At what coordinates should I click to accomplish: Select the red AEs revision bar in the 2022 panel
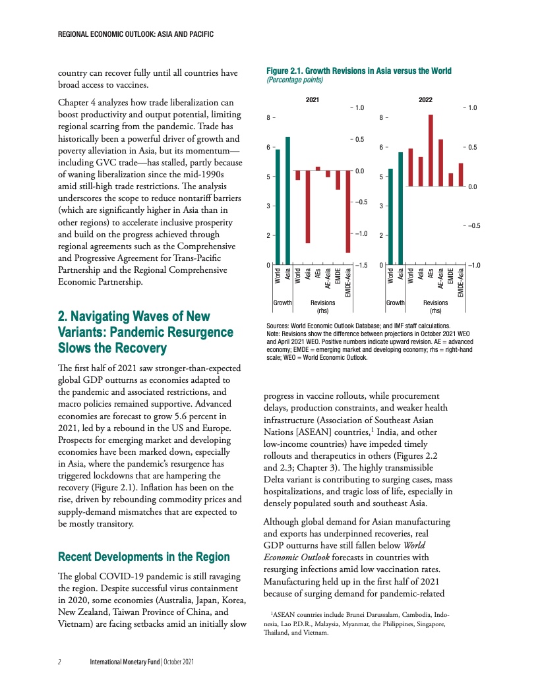(x=431, y=150)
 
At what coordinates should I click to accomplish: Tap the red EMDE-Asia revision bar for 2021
(x=347, y=211)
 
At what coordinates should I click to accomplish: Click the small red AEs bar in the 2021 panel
(x=318, y=168)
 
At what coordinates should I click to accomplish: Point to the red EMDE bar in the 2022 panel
(x=451, y=179)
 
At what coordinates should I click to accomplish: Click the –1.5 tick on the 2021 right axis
(x=361, y=265)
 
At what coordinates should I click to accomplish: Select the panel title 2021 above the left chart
(x=313, y=100)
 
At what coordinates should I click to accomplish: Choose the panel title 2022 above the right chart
(x=426, y=100)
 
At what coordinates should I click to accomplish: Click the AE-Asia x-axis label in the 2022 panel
(x=440, y=279)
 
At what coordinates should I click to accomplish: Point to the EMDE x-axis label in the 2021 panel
(x=338, y=276)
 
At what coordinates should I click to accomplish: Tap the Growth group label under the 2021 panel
(x=283, y=303)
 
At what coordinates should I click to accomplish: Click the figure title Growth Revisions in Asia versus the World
(x=359, y=71)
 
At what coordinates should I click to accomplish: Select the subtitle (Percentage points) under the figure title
(x=294, y=79)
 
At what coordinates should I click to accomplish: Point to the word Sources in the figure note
(x=278, y=326)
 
